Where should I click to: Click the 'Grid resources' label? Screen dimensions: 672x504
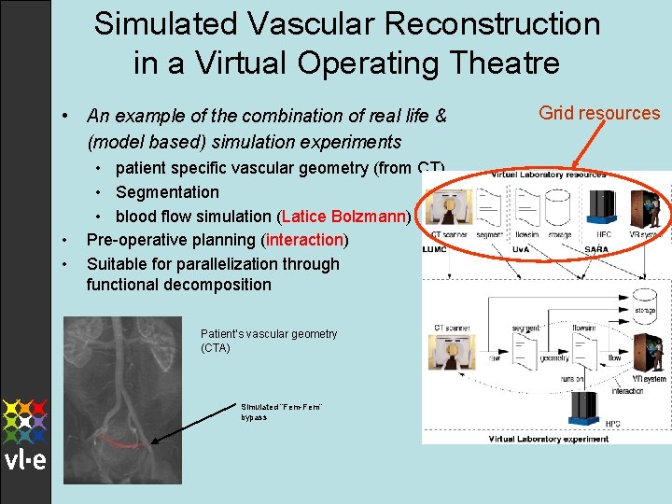[599, 113]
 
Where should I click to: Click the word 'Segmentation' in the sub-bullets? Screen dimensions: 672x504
[167, 192]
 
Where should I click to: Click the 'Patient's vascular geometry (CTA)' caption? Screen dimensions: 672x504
[269, 341]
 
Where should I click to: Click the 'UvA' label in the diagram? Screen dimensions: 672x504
[520, 250]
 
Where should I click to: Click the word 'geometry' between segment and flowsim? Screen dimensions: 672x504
[553, 357]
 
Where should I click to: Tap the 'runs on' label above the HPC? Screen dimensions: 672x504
[572, 379]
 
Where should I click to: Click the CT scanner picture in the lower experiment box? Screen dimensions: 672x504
[452, 352]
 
